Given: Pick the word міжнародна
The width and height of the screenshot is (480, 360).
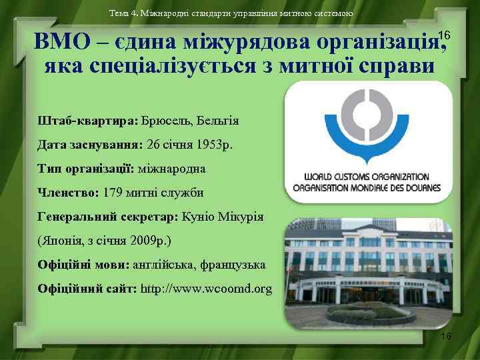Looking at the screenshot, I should pos(172,169).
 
